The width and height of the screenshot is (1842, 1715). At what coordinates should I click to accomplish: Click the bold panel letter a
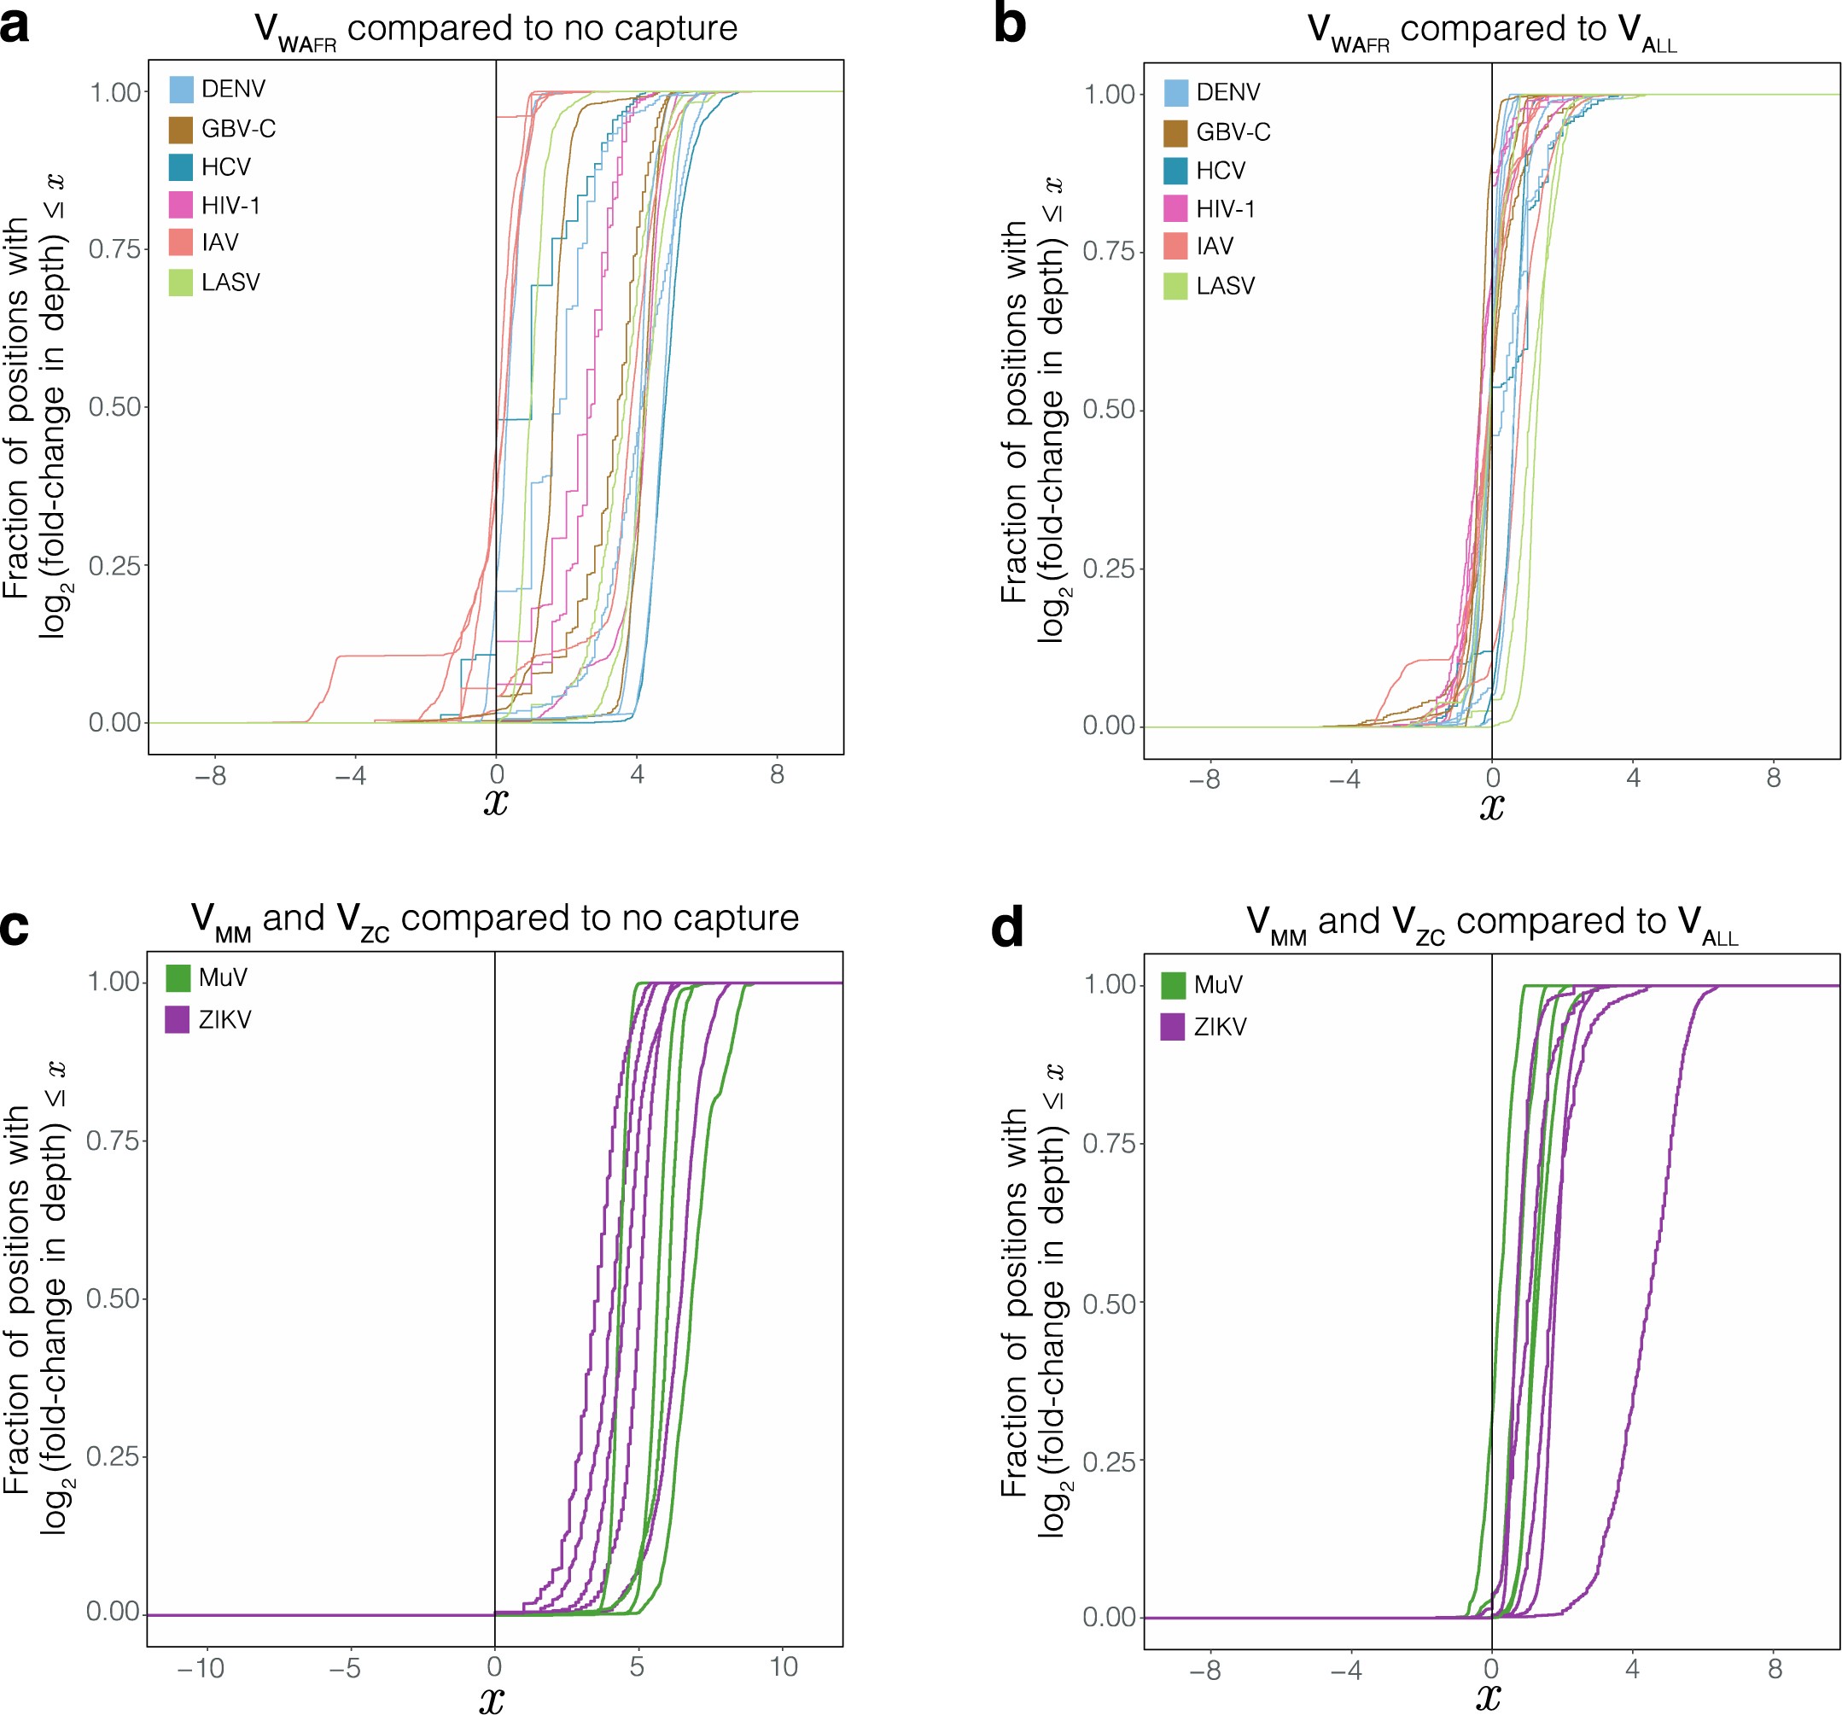pos(15,26)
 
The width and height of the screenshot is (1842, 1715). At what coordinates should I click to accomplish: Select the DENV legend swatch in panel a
pos(182,89)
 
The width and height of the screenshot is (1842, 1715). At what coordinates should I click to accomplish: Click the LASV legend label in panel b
pos(1225,285)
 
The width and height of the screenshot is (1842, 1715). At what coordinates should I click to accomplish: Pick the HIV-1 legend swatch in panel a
pos(182,205)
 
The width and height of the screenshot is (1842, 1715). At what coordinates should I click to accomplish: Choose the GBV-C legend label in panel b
pos(1233,132)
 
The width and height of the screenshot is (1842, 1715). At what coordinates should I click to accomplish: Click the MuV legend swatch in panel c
pos(178,977)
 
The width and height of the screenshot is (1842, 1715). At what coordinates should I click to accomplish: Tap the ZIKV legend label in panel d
pos(1220,1027)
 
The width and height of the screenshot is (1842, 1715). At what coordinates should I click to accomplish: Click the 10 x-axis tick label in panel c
pos(784,1668)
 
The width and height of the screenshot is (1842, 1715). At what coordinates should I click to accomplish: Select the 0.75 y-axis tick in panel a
pos(115,249)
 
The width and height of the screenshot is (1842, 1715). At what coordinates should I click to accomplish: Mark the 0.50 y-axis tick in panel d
pos(1109,1304)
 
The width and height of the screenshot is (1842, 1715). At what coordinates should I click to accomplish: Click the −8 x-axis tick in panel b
pos(1204,779)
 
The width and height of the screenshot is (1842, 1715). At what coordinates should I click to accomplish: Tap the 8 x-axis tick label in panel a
pos(778,774)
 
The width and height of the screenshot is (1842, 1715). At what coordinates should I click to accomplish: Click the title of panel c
pos(495,919)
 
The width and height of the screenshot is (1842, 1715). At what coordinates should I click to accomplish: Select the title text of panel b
pos(1492,31)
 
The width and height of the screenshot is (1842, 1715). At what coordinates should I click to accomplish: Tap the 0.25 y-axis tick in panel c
pos(113,1455)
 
